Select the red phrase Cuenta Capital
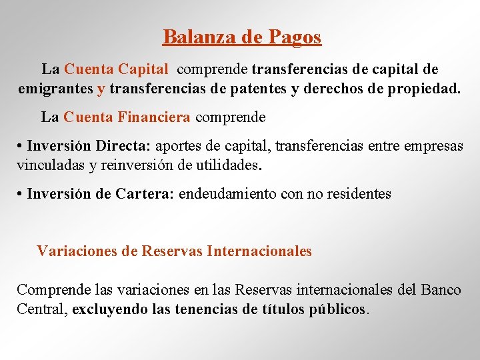116,69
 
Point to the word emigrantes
55,88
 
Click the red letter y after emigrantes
101,89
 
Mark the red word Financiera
154,118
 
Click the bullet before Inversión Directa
21,147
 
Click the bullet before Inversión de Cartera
21,195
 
